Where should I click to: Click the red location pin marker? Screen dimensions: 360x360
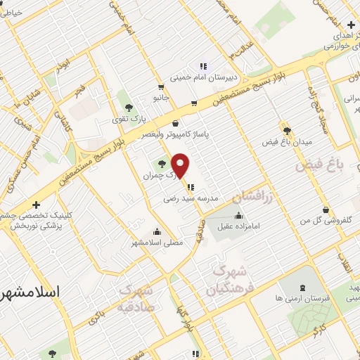tap(181, 165)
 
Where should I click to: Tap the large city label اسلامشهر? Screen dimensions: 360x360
tap(30, 291)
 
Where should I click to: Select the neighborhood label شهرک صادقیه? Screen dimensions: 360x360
tap(136, 298)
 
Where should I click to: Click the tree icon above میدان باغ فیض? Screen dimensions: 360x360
tap(286, 130)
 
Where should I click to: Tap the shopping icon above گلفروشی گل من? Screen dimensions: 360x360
tap(325, 210)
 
